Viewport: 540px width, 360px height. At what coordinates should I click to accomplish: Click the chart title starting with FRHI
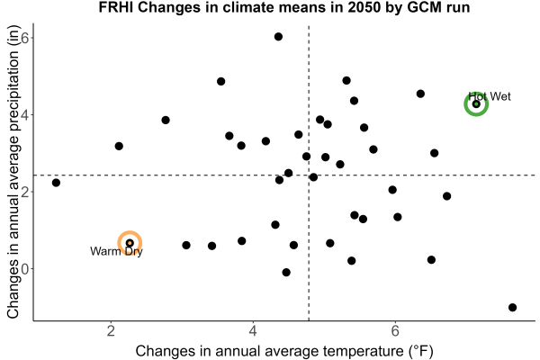click(284, 7)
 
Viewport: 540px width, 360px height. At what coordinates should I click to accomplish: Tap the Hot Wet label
click(490, 96)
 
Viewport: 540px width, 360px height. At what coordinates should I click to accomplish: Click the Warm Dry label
click(116, 251)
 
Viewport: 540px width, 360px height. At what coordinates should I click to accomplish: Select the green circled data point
click(476, 104)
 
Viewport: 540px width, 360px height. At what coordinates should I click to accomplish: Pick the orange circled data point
click(130, 243)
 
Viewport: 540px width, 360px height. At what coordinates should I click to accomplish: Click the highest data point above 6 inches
click(279, 37)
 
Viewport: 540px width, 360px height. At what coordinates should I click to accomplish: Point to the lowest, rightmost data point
click(512, 307)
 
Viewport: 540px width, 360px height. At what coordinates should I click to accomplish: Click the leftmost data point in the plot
click(56, 183)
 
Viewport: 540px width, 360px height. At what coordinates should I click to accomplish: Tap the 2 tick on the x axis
click(111, 331)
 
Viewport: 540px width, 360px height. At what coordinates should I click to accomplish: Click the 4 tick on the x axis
click(253, 331)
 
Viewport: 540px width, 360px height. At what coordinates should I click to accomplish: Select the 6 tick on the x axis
click(395, 331)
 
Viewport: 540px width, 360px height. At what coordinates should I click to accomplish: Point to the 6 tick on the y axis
click(25, 37)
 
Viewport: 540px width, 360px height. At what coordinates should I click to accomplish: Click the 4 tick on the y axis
click(25, 114)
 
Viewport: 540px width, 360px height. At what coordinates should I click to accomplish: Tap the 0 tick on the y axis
click(25, 269)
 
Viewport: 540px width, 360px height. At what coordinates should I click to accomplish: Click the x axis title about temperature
click(284, 351)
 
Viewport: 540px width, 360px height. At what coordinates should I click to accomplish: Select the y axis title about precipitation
click(13, 172)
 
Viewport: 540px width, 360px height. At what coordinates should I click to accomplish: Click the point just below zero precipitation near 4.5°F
click(286, 273)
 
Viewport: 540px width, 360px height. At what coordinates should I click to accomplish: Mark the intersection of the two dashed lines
click(309, 175)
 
